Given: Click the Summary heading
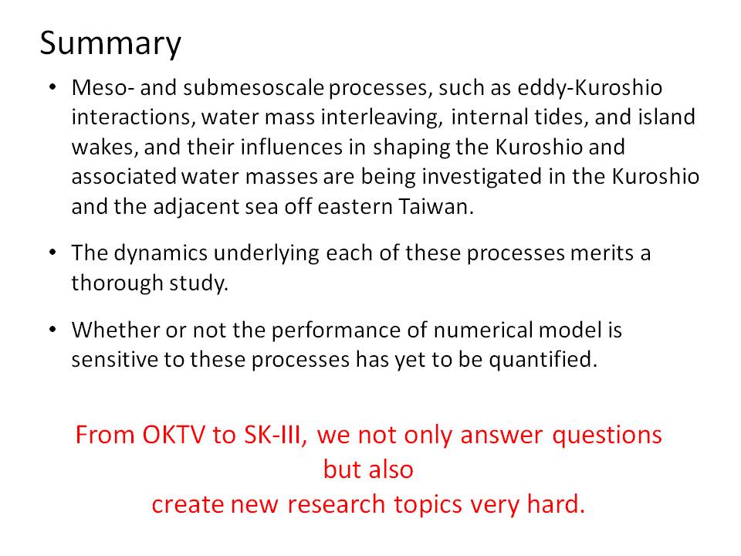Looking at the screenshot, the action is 110,43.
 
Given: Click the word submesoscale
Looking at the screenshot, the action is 254,87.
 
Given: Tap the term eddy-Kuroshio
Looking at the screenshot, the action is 589,88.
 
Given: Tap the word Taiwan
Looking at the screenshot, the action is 435,207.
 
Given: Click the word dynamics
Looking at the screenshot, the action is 161,253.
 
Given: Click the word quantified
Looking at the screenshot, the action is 543,360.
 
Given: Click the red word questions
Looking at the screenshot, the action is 607,436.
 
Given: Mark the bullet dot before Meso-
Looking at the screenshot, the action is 52,87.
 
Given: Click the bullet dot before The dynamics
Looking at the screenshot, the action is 52,253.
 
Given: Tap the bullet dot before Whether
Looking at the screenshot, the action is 52,329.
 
